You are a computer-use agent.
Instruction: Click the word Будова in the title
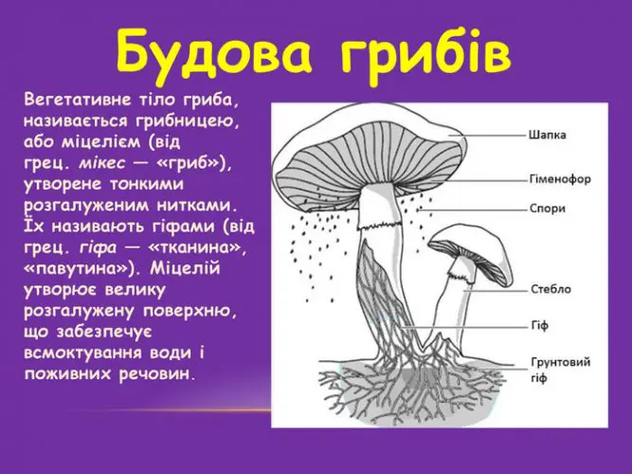[x=213, y=54]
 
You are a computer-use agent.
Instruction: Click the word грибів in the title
[x=426, y=55]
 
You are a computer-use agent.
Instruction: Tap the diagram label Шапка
[x=547, y=135]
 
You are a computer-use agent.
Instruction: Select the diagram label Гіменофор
[x=560, y=179]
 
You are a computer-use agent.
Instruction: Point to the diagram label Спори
[x=548, y=209]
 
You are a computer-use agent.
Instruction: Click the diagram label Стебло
[x=551, y=289]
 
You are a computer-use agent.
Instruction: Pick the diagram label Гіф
[x=539, y=325]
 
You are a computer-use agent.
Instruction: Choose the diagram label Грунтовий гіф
[x=560, y=370]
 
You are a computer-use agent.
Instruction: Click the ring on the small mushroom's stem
[x=460, y=276]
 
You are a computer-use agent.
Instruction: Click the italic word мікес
[x=102, y=163]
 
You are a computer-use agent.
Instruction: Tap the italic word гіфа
[x=98, y=248]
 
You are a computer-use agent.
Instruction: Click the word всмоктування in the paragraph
[x=83, y=354]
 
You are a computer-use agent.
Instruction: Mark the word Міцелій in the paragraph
[x=186, y=268]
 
